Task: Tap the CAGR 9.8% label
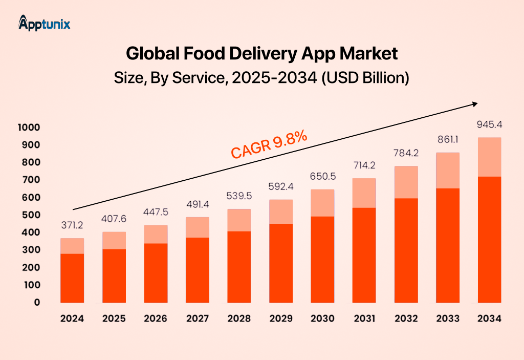[x=269, y=144]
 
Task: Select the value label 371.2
[x=72, y=226]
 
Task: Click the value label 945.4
[x=489, y=124]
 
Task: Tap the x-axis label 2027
[x=197, y=319]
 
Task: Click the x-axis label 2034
[x=489, y=319]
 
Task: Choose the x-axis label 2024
[x=72, y=319]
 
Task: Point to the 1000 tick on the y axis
[x=30, y=127]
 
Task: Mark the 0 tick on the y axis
[x=37, y=302]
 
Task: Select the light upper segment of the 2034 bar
[x=489, y=157]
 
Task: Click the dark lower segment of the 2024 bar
[x=72, y=278]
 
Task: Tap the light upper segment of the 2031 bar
[x=364, y=193]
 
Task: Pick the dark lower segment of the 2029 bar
[x=280, y=263]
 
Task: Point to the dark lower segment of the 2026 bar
[x=156, y=272]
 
